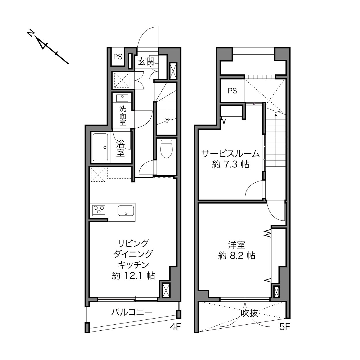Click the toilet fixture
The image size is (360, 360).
166,149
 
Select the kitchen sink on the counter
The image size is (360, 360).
126,210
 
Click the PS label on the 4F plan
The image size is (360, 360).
118,57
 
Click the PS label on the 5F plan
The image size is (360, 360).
232,91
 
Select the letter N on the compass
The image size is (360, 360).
30,34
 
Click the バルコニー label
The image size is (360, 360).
131,312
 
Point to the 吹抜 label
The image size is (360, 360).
249,313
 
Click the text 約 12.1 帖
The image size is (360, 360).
133,276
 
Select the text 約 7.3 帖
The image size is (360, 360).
231,164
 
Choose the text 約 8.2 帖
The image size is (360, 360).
237,255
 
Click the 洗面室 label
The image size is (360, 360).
123,116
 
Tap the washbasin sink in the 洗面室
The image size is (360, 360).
123,97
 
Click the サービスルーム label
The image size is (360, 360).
231,154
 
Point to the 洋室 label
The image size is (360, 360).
236,245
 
